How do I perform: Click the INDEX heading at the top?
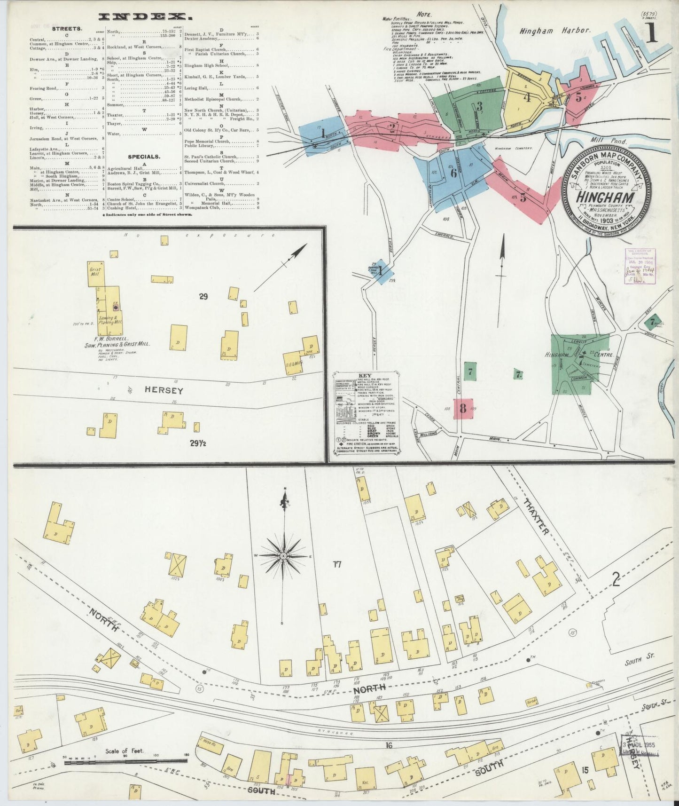point(145,17)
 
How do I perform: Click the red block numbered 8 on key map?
point(463,408)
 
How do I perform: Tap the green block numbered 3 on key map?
point(479,106)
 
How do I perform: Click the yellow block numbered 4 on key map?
point(528,98)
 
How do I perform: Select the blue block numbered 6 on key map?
point(453,173)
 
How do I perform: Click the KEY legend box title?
point(365,375)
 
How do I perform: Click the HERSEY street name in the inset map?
point(157,390)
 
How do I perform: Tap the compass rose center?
point(283,556)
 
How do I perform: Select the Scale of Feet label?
point(125,751)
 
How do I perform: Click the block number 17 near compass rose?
point(336,564)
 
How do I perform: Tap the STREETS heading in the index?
point(67,28)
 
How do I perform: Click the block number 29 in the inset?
point(203,296)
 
